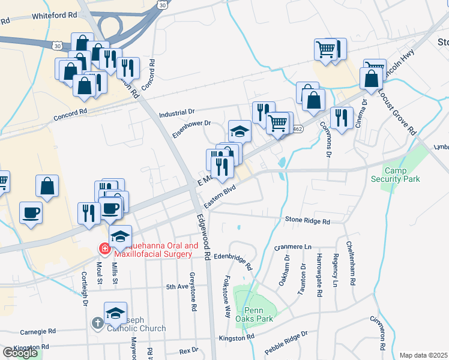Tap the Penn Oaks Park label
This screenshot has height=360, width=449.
point(259,314)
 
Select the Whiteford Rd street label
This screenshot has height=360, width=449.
point(55,14)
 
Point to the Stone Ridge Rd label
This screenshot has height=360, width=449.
point(307,221)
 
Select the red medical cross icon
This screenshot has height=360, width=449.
point(104,247)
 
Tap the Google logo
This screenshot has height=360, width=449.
point(20,353)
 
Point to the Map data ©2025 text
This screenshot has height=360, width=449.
point(423,355)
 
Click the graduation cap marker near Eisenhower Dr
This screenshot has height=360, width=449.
point(240,131)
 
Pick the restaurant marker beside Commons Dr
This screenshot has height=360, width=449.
point(342,118)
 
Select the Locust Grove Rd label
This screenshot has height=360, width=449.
point(397,113)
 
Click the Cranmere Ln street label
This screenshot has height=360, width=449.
point(292,247)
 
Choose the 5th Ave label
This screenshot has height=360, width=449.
point(178,287)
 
